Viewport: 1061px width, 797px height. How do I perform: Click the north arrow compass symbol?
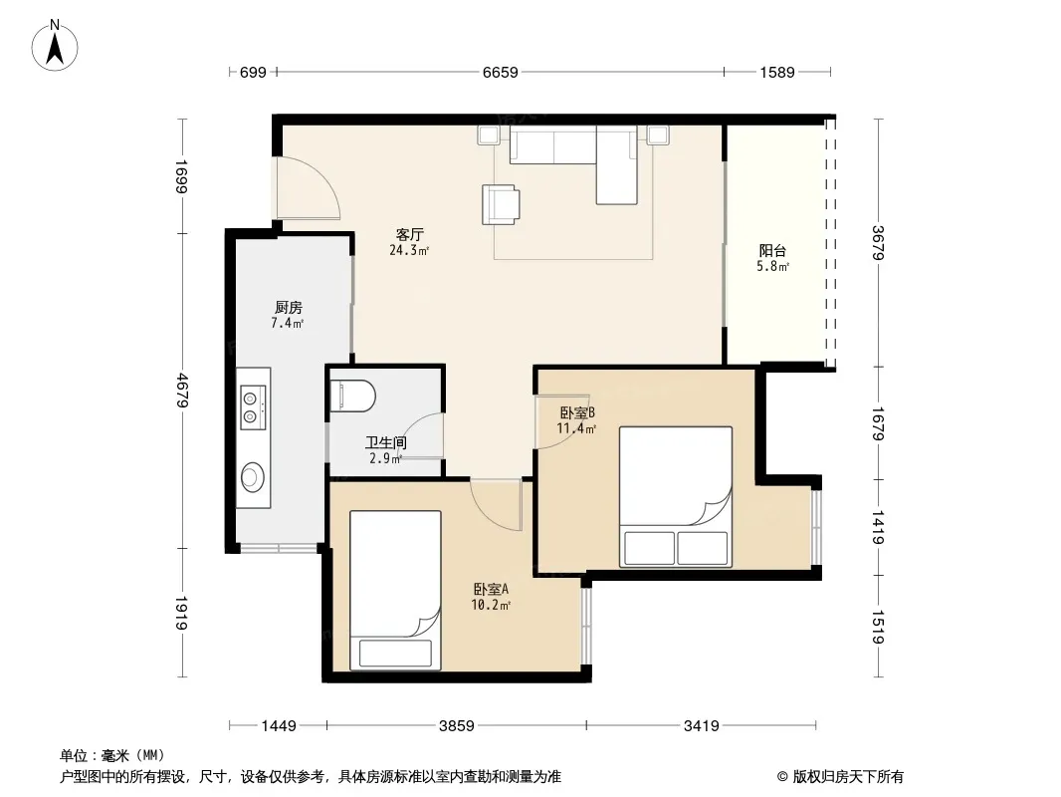[55, 46]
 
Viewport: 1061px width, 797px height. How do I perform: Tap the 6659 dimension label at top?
[500, 72]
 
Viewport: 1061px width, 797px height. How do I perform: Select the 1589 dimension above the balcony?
[776, 72]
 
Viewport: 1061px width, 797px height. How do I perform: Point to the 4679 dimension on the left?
[182, 391]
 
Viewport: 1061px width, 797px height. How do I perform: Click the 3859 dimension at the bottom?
[457, 726]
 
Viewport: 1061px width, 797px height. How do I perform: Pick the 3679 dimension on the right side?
[878, 242]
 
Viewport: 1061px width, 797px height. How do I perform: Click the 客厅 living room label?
[409, 234]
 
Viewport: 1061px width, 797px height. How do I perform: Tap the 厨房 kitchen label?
[289, 308]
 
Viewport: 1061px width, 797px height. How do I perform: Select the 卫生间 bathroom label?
[386, 443]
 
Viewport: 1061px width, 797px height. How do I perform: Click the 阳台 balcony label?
[772, 250]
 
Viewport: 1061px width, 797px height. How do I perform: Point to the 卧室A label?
[491, 590]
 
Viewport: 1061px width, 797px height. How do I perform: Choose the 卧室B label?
[577, 412]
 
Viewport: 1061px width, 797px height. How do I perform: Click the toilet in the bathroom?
[352, 396]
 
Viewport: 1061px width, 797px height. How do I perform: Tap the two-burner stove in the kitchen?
[253, 407]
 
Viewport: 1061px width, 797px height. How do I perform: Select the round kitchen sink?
[253, 476]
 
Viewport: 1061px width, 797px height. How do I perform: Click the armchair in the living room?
[501, 204]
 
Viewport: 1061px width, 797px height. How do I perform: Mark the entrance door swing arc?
[325, 176]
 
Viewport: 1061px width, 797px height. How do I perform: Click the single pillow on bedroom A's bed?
[395, 653]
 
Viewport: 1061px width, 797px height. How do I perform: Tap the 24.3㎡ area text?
[409, 250]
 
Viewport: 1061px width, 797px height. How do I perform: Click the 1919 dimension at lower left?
[182, 613]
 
